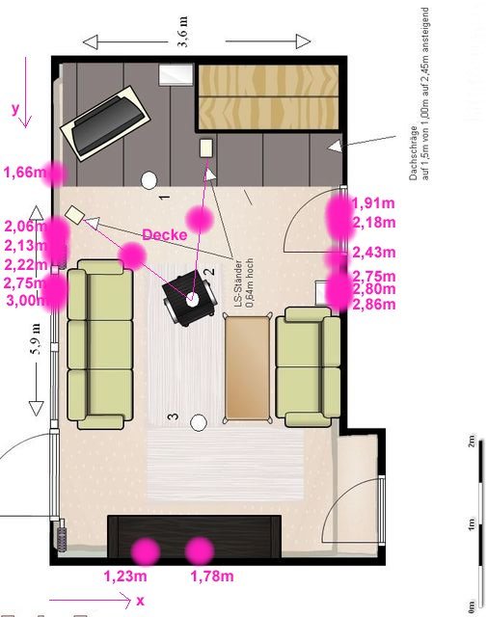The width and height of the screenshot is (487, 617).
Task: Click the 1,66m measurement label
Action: pos(25,172)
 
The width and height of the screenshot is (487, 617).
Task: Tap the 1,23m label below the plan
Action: pos(125,577)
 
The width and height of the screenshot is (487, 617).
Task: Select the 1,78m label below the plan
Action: pos(212,577)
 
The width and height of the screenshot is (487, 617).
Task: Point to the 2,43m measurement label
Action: pos(373,252)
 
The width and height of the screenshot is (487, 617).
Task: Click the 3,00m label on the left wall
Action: pos(26,300)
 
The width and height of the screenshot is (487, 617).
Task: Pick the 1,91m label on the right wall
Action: pos(373,203)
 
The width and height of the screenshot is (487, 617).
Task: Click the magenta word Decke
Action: pos(165,234)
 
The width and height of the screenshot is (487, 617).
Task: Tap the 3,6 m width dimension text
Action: pos(183,32)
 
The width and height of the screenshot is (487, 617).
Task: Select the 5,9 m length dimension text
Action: pos(37,338)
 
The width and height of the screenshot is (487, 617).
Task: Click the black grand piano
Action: pos(105,123)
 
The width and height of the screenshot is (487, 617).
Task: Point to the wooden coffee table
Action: pos(248,368)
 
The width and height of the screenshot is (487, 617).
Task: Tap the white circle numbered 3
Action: pos(199,422)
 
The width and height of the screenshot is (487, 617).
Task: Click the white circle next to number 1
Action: pos(149,180)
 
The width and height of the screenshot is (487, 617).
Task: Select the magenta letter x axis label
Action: pos(140,601)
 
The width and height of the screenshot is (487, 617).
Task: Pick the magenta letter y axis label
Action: pos(15,109)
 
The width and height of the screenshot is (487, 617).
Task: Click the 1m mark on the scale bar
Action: pos(472,524)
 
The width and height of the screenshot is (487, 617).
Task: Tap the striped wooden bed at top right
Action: pos(268,96)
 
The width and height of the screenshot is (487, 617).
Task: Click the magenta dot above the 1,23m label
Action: pos(146,551)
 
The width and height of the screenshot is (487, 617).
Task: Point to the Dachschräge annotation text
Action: pos(419,94)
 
